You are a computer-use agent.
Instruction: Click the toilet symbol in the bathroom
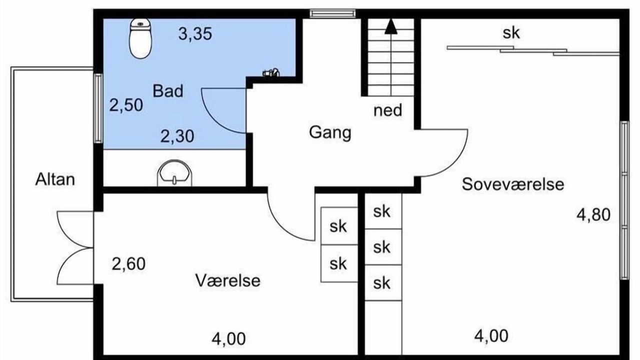click(140, 38)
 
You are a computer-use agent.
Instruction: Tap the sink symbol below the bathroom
click(174, 173)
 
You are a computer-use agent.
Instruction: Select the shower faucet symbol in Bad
click(271, 72)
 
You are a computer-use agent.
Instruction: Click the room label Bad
click(168, 91)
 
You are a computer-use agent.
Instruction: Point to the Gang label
click(330, 133)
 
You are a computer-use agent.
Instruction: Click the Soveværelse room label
click(513, 184)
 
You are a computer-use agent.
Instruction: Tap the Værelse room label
click(228, 280)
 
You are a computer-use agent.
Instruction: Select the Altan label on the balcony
click(55, 179)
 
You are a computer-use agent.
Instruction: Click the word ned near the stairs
click(387, 110)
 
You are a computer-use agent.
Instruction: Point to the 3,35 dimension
click(195, 33)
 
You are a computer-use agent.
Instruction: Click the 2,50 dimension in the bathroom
click(126, 105)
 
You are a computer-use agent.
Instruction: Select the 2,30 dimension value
click(177, 136)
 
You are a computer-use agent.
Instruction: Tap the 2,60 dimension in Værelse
click(128, 264)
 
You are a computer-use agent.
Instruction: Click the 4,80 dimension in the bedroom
click(593, 215)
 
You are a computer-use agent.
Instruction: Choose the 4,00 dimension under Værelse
click(228, 339)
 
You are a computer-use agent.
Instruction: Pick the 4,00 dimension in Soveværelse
click(491, 336)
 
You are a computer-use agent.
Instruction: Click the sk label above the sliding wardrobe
click(511, 33)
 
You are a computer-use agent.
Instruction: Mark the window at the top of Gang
click(333, 13)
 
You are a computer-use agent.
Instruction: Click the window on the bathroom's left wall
click(98, 108)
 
